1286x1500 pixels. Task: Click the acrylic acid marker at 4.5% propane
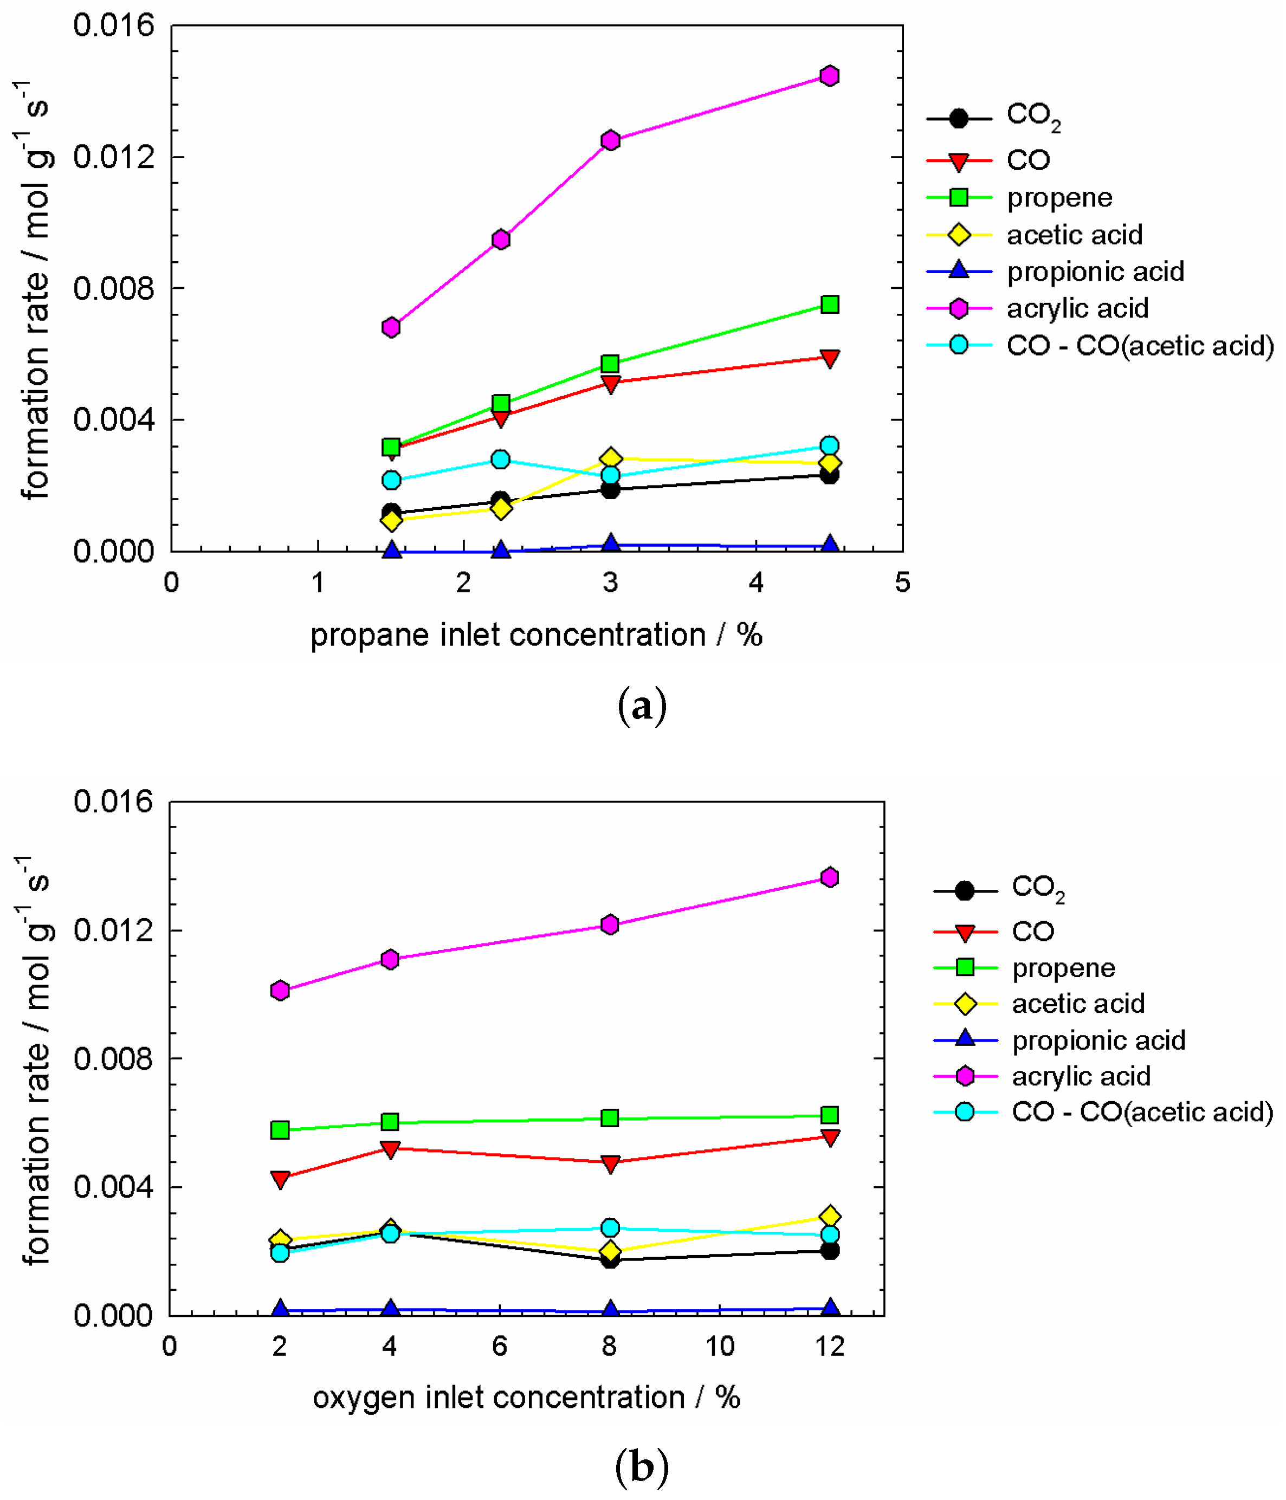829,76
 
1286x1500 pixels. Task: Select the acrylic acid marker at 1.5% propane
391,327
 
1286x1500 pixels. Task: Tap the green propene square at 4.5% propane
830,304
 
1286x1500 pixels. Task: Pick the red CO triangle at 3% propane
610,384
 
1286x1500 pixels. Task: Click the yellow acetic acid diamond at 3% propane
610,458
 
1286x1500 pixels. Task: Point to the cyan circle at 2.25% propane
500,459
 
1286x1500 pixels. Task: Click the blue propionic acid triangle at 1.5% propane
392,550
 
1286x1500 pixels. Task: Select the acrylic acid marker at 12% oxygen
830,877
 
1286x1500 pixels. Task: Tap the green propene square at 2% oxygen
280,1129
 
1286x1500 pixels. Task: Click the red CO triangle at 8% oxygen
610,1163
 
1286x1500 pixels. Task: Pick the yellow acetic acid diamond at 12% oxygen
830,1215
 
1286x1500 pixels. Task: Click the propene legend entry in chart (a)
1059,198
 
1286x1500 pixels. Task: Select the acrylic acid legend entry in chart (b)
1081,1076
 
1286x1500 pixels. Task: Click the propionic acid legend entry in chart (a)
1095,272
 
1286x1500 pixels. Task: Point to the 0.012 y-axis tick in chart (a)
114,157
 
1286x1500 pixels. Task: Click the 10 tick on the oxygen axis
720,1347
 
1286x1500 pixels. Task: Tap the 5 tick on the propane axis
902,583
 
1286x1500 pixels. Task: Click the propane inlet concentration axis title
536,636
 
